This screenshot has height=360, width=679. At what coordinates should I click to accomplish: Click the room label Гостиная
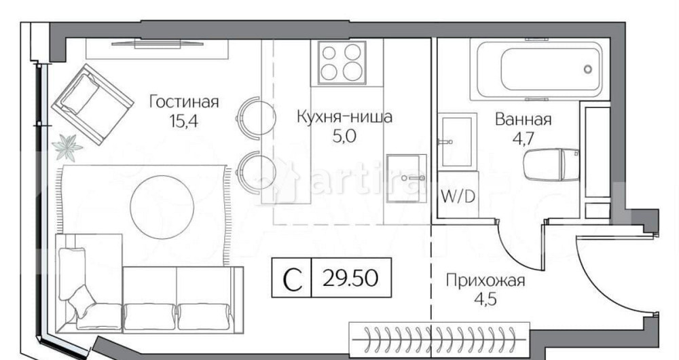pyautogui.click(x=184, y=102)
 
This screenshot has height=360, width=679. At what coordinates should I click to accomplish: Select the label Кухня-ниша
pyautogui.click(x=344, y=117)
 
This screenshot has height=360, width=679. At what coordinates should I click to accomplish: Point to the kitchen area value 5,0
pyautogui.click(x=344, y=135)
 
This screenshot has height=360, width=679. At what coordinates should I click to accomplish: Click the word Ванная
pyautogui.click(x=523, y=120)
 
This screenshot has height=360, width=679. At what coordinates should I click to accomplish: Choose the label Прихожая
pyautogui.click(x=485, y=280)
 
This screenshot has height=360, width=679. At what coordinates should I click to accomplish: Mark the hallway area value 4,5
pyautogui.click(x=485, y=298)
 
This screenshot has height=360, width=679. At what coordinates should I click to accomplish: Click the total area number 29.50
pyautogui.click(x=351, y=278)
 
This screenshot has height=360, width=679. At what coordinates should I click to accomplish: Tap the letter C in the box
pyautogui.click(x=292, y=278)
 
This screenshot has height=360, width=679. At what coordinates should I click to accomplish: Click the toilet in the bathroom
pyautogui.click(x=551, y=164)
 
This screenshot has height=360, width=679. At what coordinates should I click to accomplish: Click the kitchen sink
pyautogui.click(x=406, y=178)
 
